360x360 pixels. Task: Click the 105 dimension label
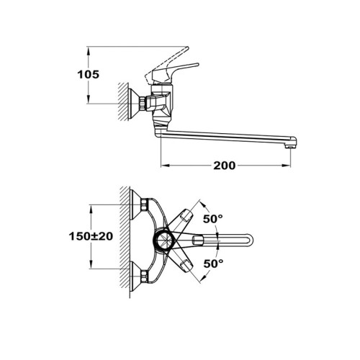click(x=88, y=75)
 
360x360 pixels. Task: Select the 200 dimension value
click(x=225, y=166)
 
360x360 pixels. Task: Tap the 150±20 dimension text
click(x=91, y=236)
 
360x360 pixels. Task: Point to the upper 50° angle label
click(x=213, y=219)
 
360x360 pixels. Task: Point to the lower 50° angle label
click(x=213, y=264)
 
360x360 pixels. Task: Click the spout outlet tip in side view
click(x=290, y=145)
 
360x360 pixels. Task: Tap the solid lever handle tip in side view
click(x=197, y=65)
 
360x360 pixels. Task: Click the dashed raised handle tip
click(x=186, y=49)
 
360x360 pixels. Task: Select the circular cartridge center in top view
click(x=163, y=240)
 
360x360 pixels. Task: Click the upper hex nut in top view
click(x=144, y=204)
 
